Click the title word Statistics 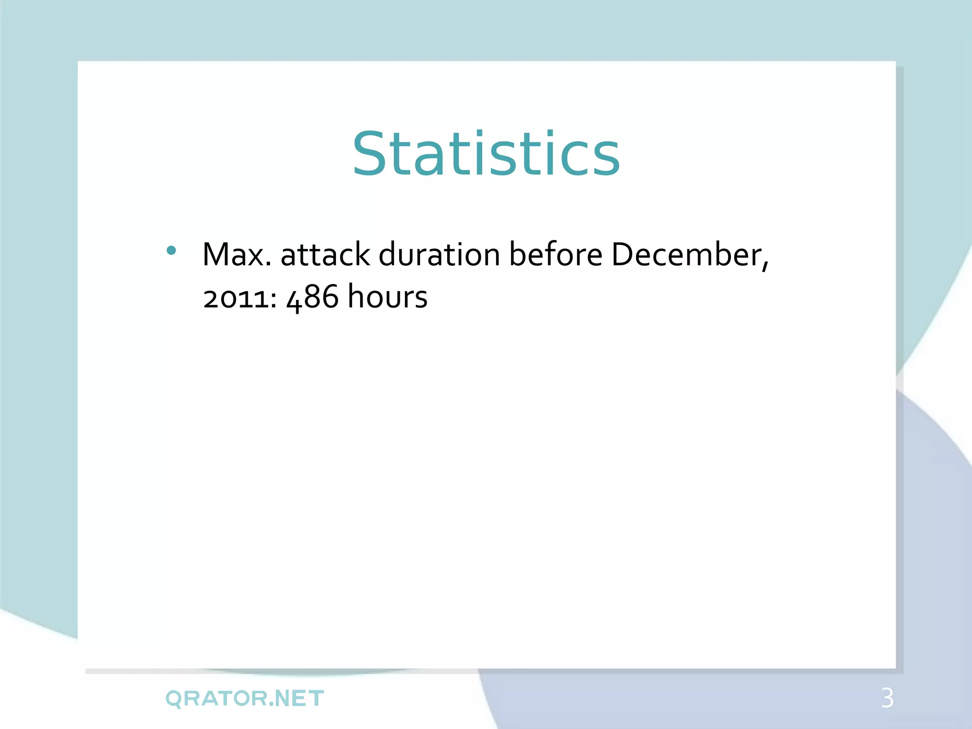[486, 154]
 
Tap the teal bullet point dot [172, 251]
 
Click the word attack [325, 255]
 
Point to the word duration [439, 255]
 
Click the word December [686, 255]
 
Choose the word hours [387, 297]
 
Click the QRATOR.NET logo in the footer [245, 699]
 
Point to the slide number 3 [888, 698]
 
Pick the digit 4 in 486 [295, 299]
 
